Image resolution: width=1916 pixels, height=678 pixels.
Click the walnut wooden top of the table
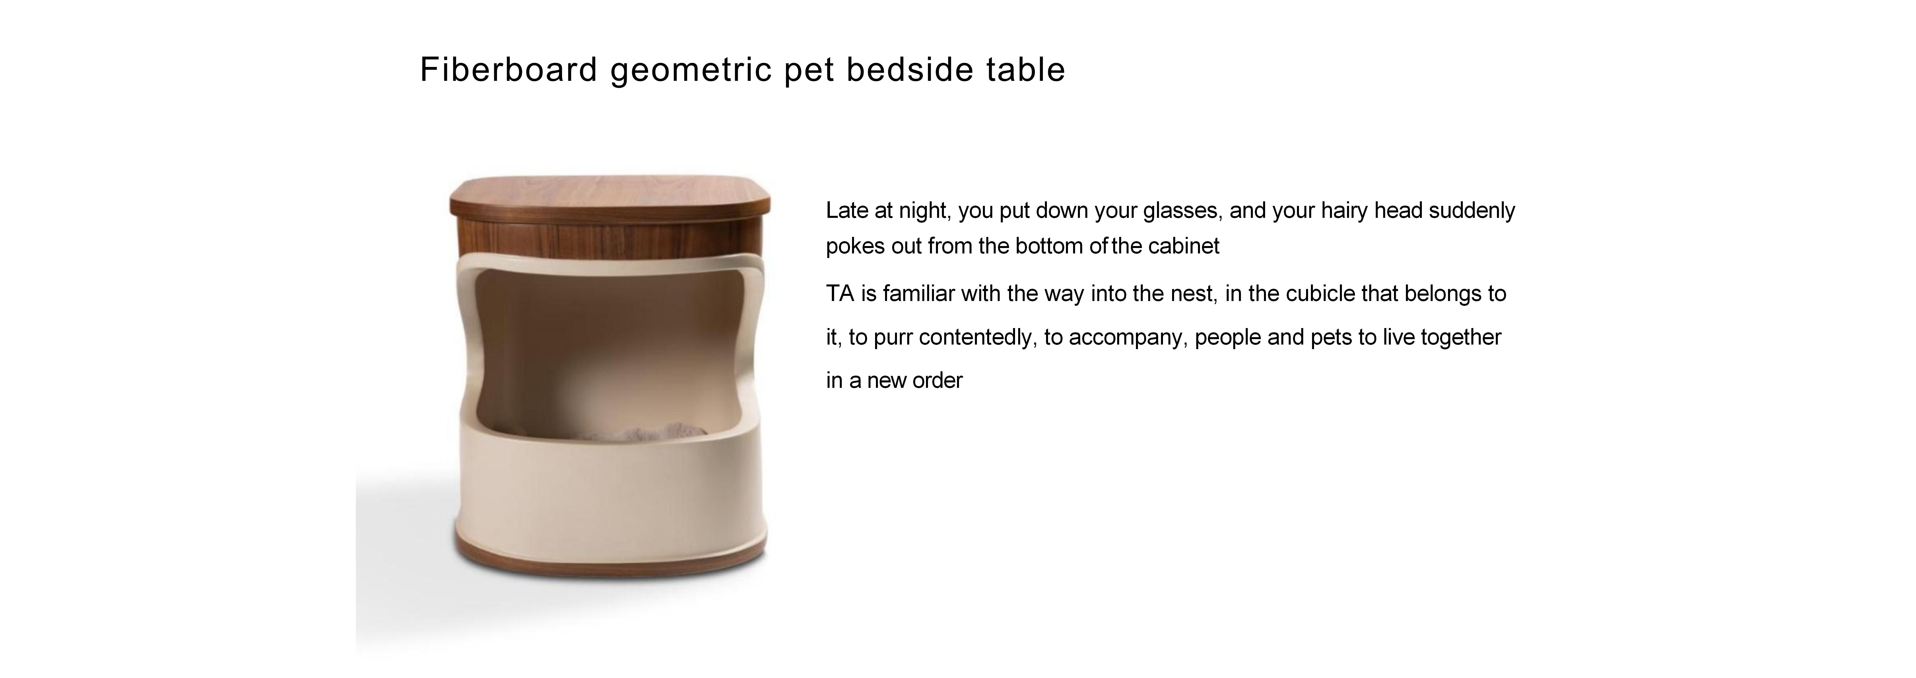coord(610,190)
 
